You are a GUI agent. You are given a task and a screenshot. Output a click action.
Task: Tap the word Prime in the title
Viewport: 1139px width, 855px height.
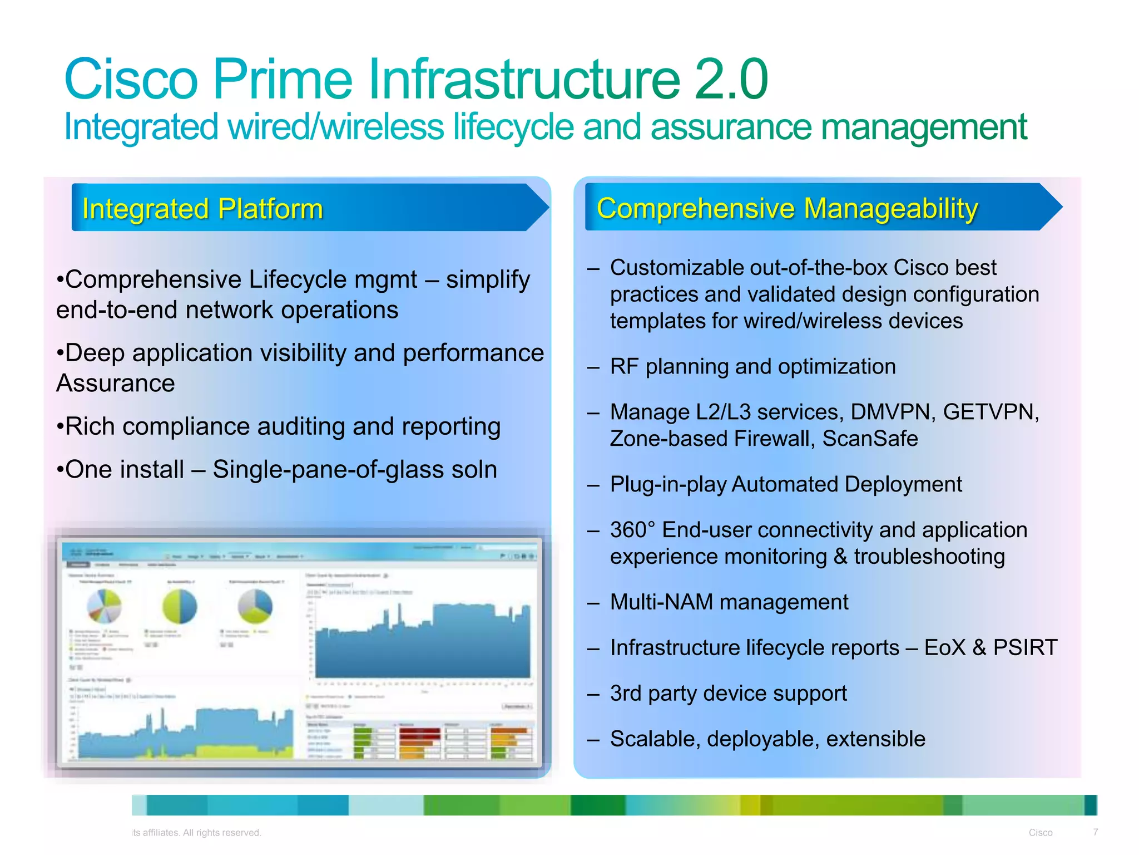[x=283, y=80]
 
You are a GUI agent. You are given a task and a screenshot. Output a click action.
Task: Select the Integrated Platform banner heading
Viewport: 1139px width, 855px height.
[x=202, y=209]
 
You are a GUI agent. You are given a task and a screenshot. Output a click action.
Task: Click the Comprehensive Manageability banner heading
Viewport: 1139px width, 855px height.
[x=787, y=209]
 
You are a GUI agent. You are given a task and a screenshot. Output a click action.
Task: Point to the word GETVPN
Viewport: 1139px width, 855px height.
[x=991, y=412]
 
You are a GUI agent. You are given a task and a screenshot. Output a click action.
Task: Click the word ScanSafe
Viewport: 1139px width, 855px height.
[x=870, y=439]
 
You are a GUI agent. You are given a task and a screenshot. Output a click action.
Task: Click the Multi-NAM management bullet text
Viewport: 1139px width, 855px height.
[x=729, y=602]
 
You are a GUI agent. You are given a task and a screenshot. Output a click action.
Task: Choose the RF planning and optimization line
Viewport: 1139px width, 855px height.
[x=752, y=367]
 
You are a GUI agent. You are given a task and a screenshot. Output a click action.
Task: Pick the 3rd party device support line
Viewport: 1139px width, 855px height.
[x=728, y=694]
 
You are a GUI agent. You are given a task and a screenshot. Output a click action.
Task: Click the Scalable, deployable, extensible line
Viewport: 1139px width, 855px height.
[x=767, y=739]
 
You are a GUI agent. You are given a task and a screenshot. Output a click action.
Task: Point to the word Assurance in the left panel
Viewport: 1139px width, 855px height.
[x=116, y=384]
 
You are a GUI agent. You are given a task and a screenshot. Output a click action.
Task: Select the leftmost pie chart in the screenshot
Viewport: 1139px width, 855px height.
[x=105, y=606]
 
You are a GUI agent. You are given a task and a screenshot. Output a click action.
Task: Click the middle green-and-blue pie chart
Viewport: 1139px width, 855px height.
[x=180, y=607]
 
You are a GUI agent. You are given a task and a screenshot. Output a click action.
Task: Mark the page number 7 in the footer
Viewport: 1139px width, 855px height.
[x=1095, y=832]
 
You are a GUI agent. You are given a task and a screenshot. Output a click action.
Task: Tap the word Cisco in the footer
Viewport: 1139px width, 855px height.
[x=1040, y=833]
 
